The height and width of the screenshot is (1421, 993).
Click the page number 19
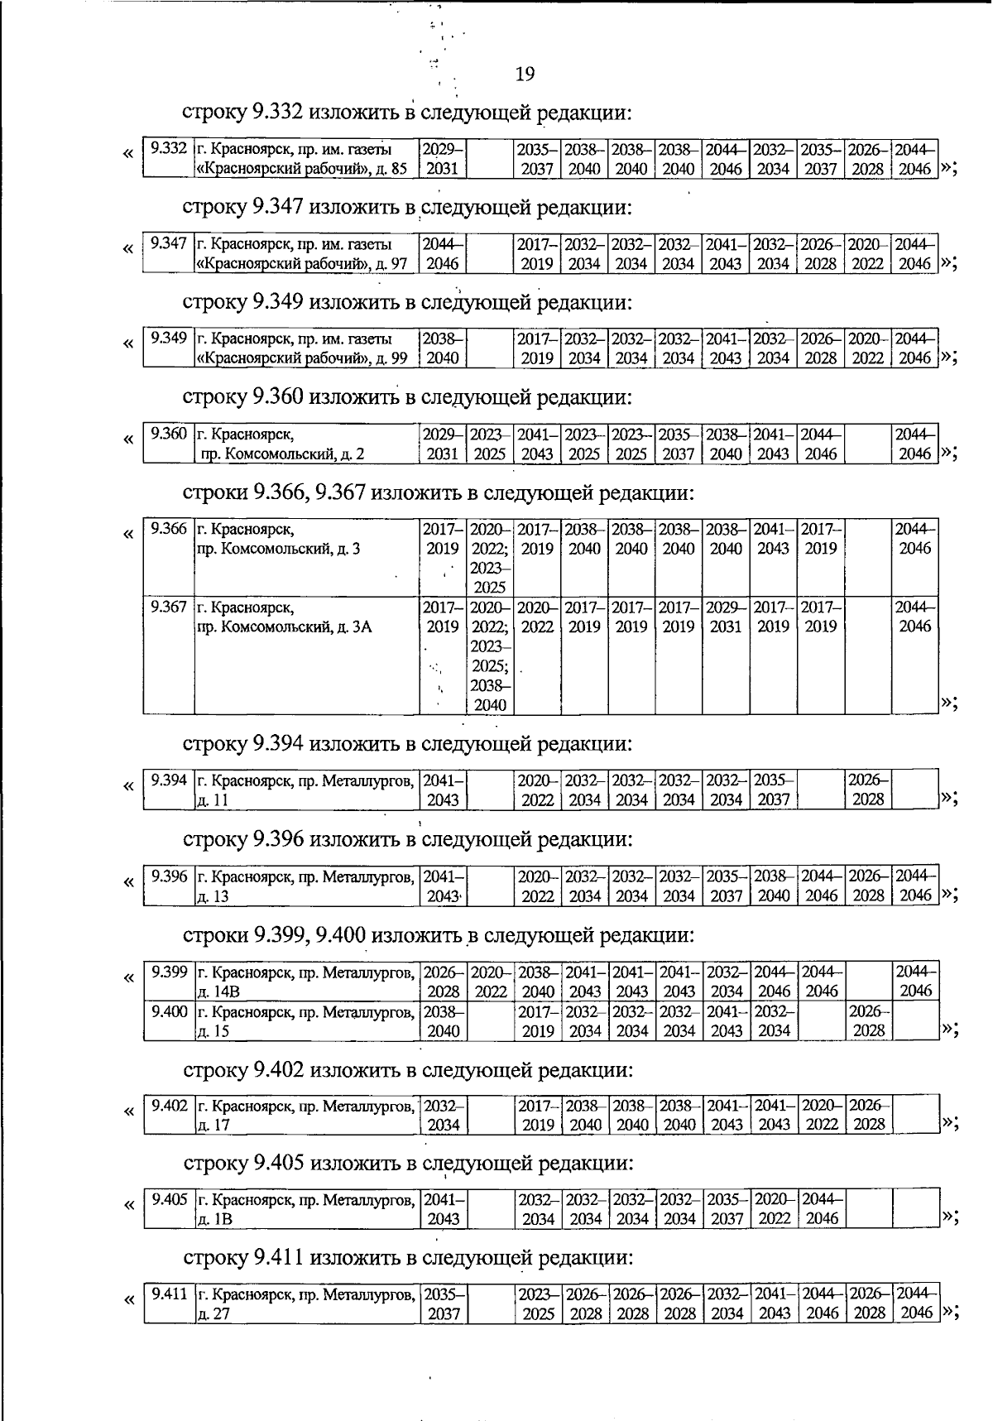pos(525,74)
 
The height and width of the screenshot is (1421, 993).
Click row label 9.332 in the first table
pos(168,150)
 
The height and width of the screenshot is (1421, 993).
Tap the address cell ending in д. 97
pos(305,254)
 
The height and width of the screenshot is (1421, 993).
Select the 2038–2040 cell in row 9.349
pos(443,348)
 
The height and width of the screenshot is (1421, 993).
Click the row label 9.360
pos(168,434)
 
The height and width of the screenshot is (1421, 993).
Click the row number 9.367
pos(168,607)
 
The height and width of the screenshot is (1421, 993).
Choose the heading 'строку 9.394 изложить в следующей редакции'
pos(407,743)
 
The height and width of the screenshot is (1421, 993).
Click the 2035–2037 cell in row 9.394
pos(773,790)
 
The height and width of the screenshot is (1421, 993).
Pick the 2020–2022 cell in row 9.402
pos(821,1115)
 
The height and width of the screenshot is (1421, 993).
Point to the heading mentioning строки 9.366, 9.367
pos(438,493)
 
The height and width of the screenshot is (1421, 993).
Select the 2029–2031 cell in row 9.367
pos(726,617)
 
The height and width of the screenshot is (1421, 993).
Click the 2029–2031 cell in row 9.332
pos(443,159)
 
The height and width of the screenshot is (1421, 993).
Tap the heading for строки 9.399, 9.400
pos(438,936)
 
